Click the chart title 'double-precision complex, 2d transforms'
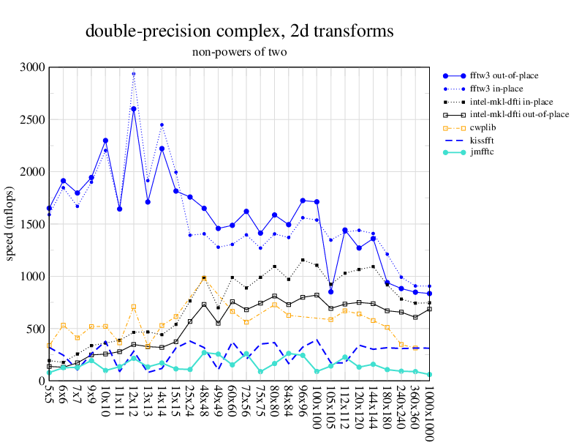240,31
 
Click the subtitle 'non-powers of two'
240,52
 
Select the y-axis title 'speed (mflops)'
10,224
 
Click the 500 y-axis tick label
36,329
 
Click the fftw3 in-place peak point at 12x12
134,74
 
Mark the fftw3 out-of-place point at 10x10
105,141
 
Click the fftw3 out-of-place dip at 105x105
331,291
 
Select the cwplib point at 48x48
204,278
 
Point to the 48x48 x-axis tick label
204,398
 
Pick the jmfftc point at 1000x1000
429,375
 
